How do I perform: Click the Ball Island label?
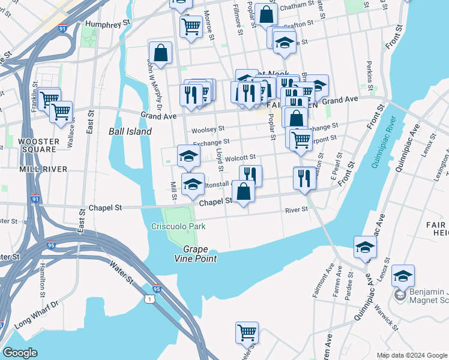click(x=130, y=131)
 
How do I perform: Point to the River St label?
click(x=297, y=209)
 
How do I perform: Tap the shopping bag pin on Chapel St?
click(x=243, y=193)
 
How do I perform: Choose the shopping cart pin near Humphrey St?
click(x=191, y=26)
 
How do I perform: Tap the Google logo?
click(x=20, y=352)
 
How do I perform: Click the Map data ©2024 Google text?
click(x=411, y=355)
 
